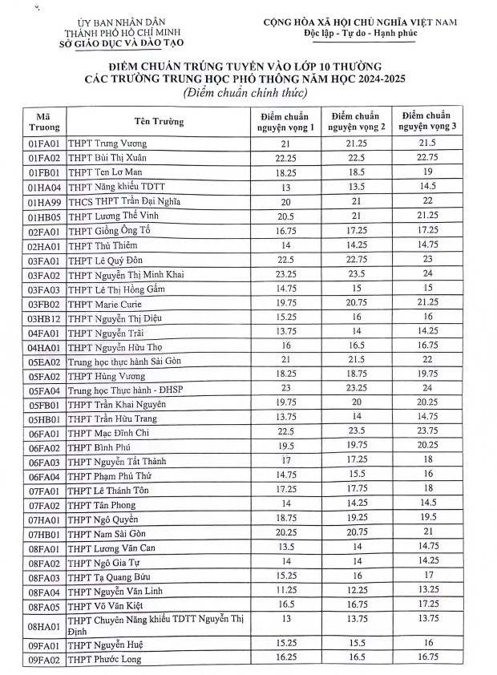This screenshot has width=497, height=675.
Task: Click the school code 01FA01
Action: coord(40,143)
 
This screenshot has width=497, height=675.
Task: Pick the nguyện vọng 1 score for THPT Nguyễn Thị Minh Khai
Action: coord(285,275)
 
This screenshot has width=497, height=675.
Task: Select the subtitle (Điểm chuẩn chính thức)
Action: coord(244,94)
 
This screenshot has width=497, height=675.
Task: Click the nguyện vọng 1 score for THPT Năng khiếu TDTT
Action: coord(285,187)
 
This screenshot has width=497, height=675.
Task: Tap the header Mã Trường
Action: coord(40,122)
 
